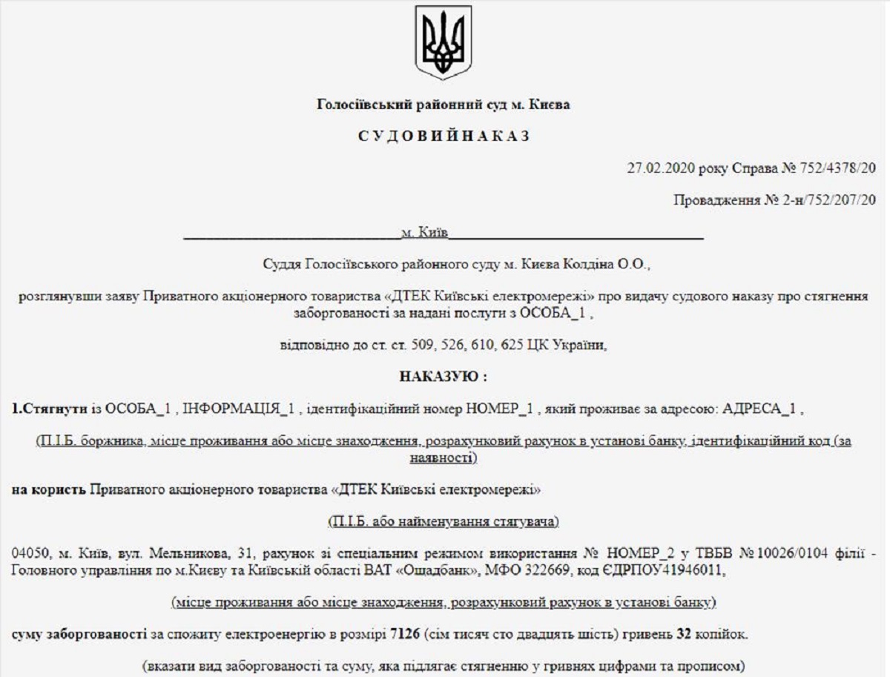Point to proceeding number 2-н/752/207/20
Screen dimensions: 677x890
tap(823, 200)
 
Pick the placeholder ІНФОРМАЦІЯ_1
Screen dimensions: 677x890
tap(240, 409)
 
